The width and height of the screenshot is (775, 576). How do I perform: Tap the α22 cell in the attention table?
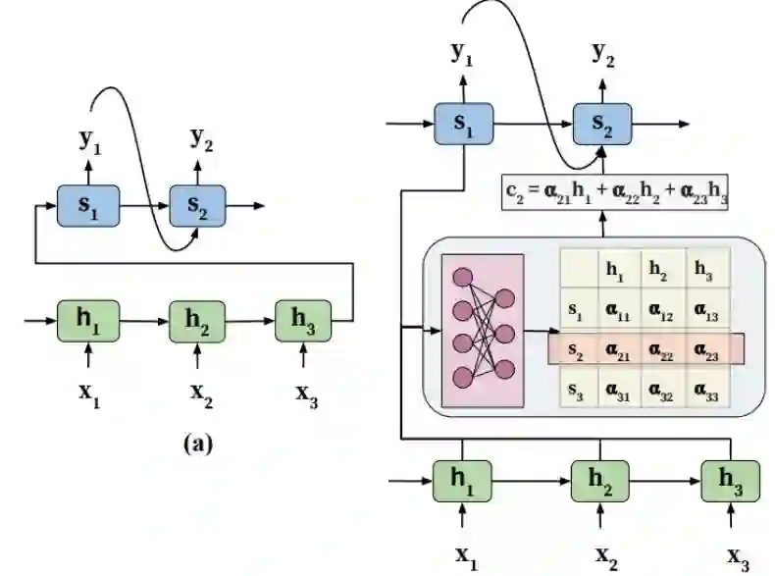[x=662, y=348]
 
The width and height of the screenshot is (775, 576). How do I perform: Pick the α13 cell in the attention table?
[x=704, y=311]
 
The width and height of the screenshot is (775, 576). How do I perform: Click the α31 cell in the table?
[x=617, y=391]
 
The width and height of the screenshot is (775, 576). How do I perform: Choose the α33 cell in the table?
[x=704, y=391]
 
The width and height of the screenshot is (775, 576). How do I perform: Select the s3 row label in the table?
[x=577, y=391]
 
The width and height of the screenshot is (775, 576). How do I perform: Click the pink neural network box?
[x=483, y=331]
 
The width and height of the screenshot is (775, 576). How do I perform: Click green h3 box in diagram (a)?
[x=305, y=319]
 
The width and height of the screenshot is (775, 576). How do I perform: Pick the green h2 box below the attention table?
[x=600, y=482]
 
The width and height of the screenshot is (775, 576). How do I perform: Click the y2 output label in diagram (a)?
[x=201, y=141]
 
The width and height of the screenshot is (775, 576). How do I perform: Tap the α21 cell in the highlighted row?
[x=617, y=348]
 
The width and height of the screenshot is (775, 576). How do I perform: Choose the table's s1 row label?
[x=577, y=311]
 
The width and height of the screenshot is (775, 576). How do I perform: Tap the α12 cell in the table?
[x=662, y=311]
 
